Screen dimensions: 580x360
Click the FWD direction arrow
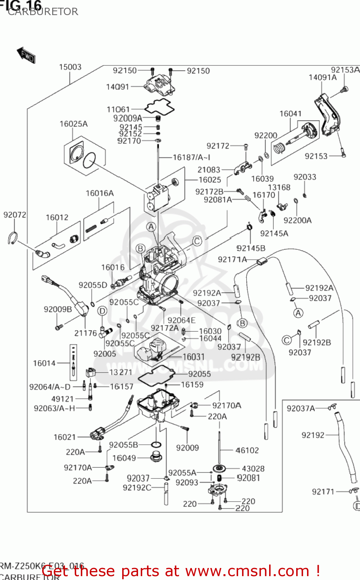point(26,55)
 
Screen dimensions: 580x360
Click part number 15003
point(70,67)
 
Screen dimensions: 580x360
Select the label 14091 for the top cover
point(118,87)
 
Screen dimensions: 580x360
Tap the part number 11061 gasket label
point(118,109)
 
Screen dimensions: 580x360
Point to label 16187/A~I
point(191,157)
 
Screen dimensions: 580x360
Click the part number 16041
point(290,114)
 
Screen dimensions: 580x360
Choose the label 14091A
point(322,77)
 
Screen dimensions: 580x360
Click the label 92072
point(15,215)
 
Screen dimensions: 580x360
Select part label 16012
point(57,217)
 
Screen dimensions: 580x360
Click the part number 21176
point(85,333)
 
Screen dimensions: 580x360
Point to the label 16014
point(44,363)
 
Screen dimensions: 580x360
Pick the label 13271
point(121,372)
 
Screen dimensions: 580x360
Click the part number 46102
point(247,450)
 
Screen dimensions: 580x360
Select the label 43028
point(253,469)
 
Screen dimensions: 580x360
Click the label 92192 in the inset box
point(313,435)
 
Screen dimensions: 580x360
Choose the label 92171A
point(232,259)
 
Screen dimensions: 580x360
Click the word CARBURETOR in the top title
point(43,12)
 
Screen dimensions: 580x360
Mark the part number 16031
point(193,357)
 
